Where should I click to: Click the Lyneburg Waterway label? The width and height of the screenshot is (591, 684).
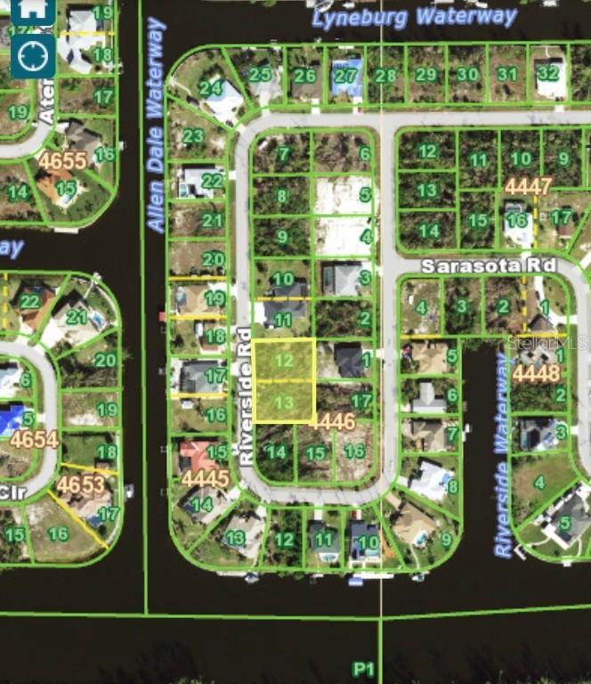pyautogui.click(x=415, y=17)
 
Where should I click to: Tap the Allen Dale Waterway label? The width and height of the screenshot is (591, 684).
pyautogui.click(x=156, y=125)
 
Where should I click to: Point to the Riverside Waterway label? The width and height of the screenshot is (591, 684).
pyautogui.click(x=504, y=454)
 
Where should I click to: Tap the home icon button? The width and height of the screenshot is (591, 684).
pyautogui.click(x=33, y=10)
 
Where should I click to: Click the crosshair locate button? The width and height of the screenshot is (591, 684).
pyautogui.click(x=33, y=56)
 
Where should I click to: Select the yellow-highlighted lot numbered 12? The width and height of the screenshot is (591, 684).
pyautogui.click(x=283, y=361)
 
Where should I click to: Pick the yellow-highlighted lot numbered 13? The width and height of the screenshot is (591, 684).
pyautogui.click(x=284, y=403)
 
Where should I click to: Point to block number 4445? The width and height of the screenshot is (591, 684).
pyautogui.click(x=206, y=478)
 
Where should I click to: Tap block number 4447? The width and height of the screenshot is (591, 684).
pyautogui.click(x=528, y=186)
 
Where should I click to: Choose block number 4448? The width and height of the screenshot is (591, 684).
pyautogui.click(x=536, y=372)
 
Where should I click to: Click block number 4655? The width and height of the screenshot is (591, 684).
pyautogui.click(x=62, y=161)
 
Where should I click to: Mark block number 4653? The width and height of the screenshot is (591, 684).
pyautogui.click(x=80, y=484)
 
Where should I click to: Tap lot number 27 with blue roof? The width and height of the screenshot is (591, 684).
pyautogui.click(x=345, y=76)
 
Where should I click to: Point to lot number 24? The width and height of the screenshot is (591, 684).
pyautogui.click(x=211, y=88)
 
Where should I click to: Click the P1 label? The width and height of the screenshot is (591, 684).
pyautogui.click(x=363, y=669)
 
